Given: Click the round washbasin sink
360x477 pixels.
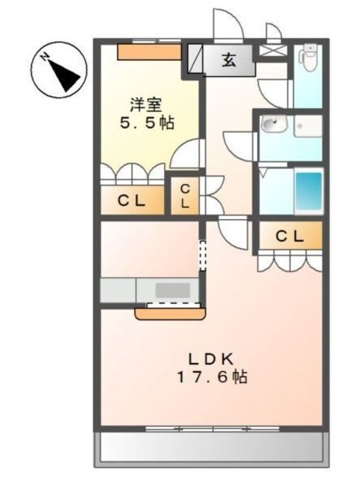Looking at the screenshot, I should click(x=274, y=126).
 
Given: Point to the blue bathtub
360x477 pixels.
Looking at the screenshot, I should click(x=309, y=192).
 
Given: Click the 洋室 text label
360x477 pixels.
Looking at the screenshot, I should click(x=146, y=104).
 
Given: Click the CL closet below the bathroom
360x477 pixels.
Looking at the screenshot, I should click(x=290, y=236).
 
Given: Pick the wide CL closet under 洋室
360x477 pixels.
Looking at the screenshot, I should click(x=133, y=200).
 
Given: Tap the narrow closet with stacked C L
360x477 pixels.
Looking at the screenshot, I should click(x=185, y=196).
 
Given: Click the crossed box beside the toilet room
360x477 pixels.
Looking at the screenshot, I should click(x=269, y=52).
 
